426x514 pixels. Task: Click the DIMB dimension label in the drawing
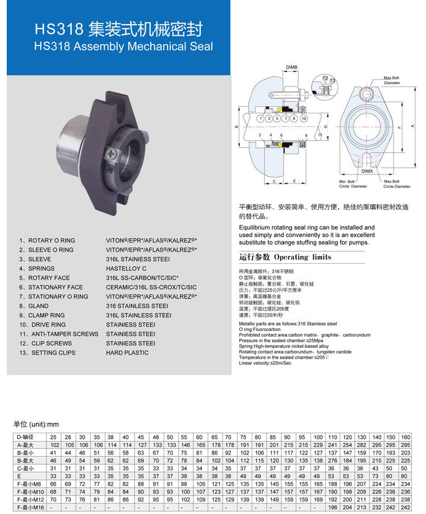point(292,67)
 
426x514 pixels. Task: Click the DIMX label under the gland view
point(367,171)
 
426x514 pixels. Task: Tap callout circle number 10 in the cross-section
point(303,119)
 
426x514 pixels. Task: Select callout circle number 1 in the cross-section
point(261,119)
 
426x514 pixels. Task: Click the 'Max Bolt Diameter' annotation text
point(392,80)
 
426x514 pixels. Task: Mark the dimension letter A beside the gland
point(413,126)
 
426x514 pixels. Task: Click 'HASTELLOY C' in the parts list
point(126,269)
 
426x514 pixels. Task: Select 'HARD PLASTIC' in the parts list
point(127,353)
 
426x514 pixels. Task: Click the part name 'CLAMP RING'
point(50,315)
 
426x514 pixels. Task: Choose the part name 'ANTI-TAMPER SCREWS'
point(63,334)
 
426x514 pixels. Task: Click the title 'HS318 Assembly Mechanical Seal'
point(123,47)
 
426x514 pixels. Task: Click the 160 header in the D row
point(405,437)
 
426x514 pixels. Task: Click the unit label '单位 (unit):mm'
point(36,424)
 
